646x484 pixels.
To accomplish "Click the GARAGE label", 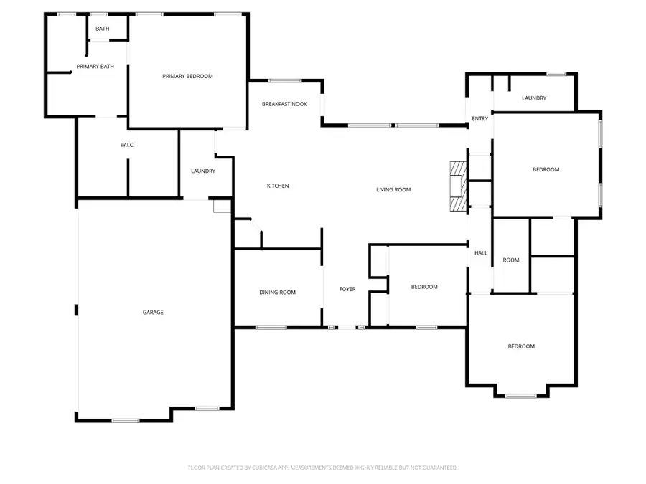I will coord(153,312).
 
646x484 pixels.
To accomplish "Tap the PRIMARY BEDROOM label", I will coord(187,76).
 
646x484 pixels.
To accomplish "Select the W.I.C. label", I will coord(128,145).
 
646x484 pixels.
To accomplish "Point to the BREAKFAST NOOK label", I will coord(284,104).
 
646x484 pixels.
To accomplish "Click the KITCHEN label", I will coord(278,186).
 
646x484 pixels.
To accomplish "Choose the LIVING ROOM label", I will coord(393,189).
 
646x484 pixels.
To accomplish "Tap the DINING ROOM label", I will coord(277,292).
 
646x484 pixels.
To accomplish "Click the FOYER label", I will coord(347,289).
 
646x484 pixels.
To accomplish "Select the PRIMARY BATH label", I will coord(95,67).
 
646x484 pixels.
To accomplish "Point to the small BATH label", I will coord(103,29).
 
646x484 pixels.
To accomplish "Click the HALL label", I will coord(481,252).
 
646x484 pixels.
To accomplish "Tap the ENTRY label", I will coord(479,118).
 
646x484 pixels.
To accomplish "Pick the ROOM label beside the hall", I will coord(511,260).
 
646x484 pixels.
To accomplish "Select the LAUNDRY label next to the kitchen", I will coord(203,171).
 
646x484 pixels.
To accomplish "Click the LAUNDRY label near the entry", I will coord(534,98).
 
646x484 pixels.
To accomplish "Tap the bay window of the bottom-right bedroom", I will coord(521,395).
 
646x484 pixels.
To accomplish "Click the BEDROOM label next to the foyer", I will coord(424,287).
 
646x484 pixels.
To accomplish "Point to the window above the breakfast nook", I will coord(285,80).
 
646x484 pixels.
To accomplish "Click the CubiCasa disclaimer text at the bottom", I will coord(323,468).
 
